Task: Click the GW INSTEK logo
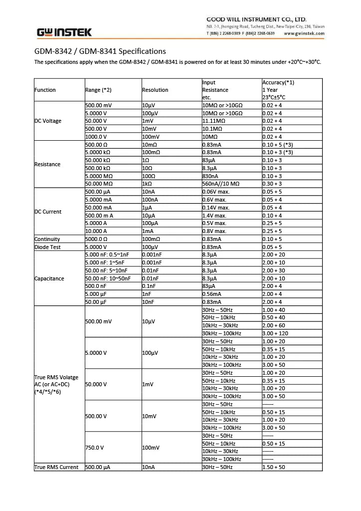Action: coord(64,32)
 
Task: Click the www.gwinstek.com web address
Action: coord(304,34)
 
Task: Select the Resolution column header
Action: coord(155,90)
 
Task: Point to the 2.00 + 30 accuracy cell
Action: coord(274,270)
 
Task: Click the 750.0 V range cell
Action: coord(94,448)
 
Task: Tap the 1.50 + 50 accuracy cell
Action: coord(274,467)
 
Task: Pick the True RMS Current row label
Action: coord(56,467)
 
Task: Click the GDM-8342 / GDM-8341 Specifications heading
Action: coord(100,51)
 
